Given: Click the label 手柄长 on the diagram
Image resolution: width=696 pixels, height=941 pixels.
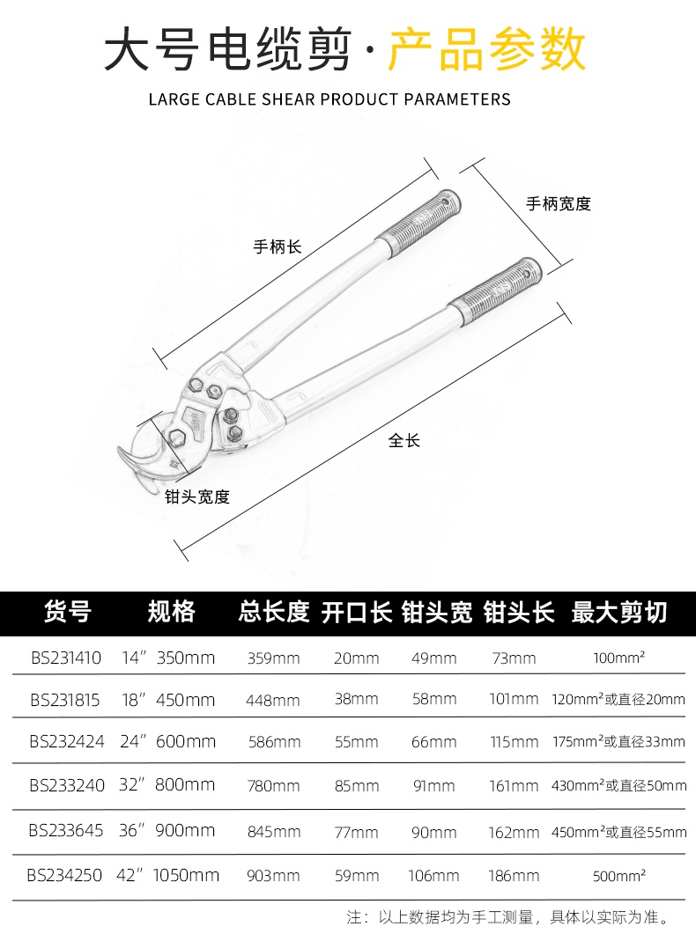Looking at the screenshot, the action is coord(277,246).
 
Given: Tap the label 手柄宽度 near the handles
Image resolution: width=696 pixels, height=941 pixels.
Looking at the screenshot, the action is coord(559,204).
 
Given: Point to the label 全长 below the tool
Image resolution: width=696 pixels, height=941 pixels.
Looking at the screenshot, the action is coord(404,441).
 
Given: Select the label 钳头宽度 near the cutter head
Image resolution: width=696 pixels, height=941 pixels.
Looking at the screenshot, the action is coord(197,496).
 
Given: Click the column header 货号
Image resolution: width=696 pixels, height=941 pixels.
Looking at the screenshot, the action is coord(68,612).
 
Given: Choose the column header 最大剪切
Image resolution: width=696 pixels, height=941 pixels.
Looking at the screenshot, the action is coord(619,612).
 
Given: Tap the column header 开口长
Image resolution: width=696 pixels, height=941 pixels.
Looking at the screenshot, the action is coord(357,612).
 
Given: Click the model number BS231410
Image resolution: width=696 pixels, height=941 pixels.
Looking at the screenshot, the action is coord(66,658).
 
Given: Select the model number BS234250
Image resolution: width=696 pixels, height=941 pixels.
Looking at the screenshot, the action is coord(65,876).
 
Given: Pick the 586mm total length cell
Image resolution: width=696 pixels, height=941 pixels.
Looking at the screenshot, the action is coord(275,742).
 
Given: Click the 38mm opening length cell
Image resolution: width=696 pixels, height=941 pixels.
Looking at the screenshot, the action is coord(356,699).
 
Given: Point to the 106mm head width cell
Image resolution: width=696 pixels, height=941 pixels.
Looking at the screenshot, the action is coord(433,876).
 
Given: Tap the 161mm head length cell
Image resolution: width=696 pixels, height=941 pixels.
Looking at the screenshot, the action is coord(514,786).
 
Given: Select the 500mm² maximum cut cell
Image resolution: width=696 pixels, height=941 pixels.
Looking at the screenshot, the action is coord(619,876).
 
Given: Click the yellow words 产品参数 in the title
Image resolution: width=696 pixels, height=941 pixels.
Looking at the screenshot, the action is coord(487,49).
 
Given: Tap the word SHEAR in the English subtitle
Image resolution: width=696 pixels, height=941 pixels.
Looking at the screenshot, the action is coord(287,99).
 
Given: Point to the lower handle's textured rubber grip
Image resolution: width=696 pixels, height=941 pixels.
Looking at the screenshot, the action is coord(497,292).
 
